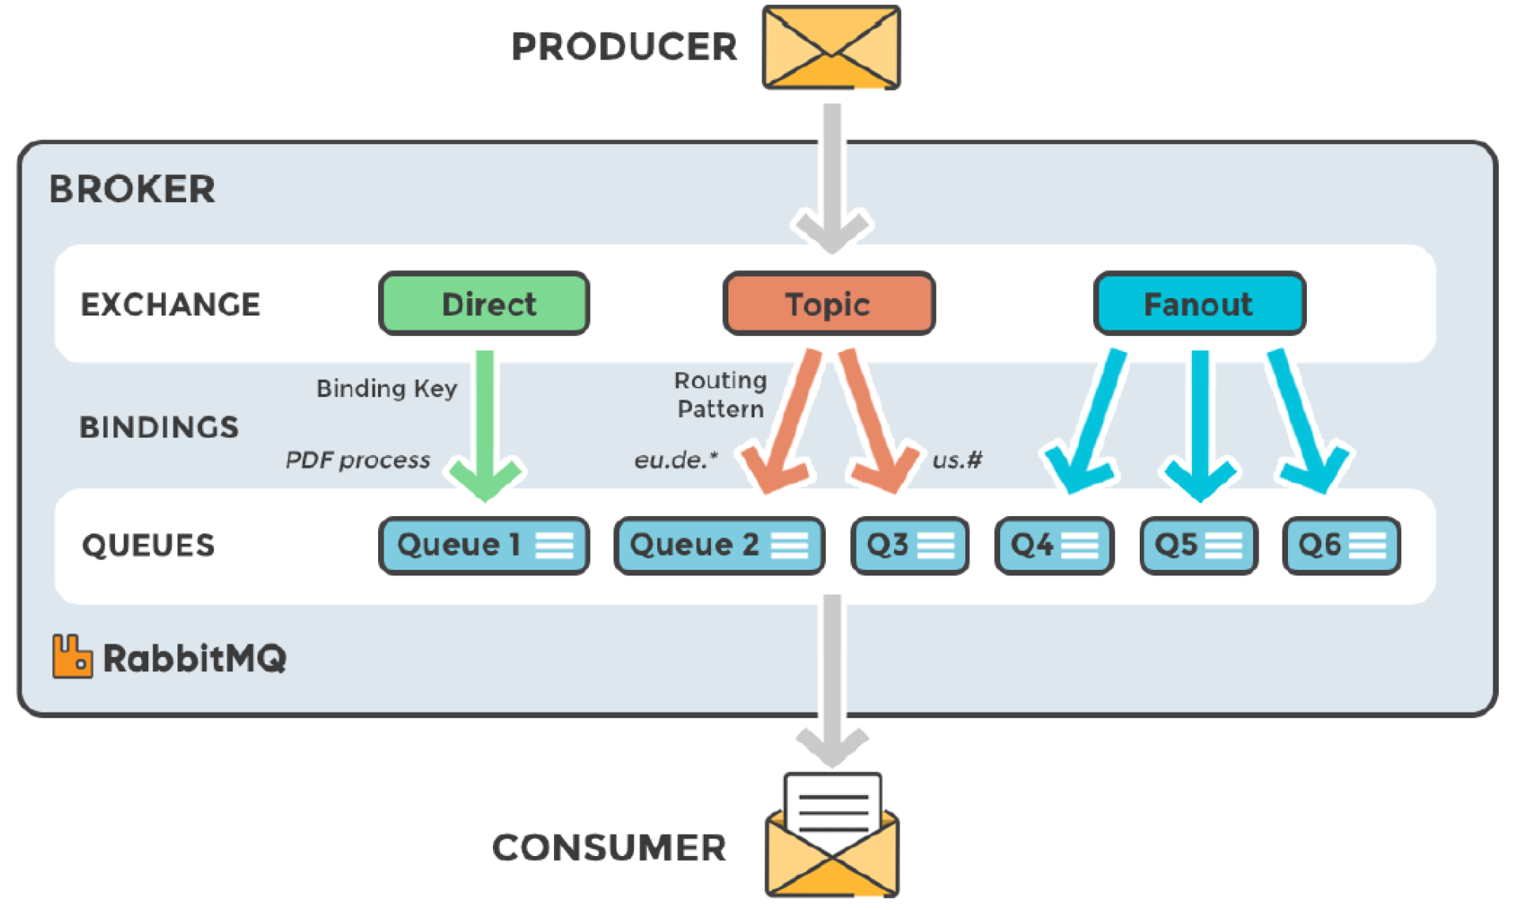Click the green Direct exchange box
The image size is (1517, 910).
coord(483,304)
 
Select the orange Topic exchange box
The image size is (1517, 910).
coord(828,304)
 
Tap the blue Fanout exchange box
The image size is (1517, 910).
coord(1198,304)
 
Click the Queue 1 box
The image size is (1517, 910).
coord(483,545)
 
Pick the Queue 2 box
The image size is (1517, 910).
coord(719,545)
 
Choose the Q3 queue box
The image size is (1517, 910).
coord(909,545)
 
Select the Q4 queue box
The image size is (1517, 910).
coord(1054,545)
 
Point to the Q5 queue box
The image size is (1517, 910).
coord(1198,545)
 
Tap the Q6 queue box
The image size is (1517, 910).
coord(1341,545)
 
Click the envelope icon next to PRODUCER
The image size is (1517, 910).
coord(831,48)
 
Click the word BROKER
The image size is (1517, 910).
coord(132,189)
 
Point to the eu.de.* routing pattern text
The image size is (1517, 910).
coord(675,460)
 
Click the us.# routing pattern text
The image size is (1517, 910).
coord(957,460)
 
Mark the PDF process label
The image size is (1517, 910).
coord(357,460)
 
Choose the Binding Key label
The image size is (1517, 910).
coord(387,388)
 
